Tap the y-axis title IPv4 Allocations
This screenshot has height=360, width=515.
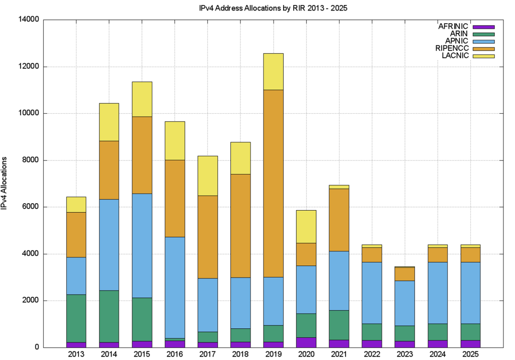5,183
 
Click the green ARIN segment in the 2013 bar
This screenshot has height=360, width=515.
76,318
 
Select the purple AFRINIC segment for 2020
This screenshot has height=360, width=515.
306,342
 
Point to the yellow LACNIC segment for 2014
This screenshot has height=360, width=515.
109,122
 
